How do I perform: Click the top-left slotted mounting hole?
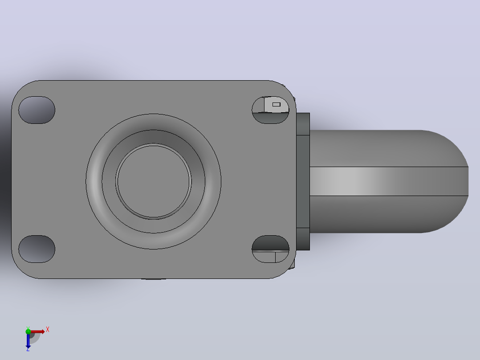click(37, 110)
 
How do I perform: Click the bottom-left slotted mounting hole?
click(37, 249)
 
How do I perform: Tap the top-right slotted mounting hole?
click(270, 110)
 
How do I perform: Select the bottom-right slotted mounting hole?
click(270, 249)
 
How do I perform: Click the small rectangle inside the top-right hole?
click(276, 104)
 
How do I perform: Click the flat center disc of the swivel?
click(153, 181)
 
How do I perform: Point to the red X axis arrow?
click(37, 331)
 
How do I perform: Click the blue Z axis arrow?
click(28, 340)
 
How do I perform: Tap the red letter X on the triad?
click(48, 330)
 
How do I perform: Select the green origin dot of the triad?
click(28, 331)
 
